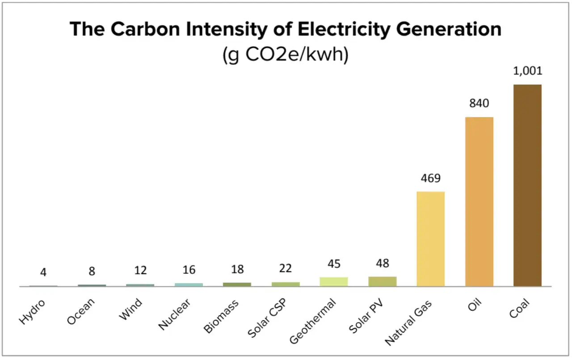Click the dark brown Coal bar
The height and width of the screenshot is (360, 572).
[x=527, y=185]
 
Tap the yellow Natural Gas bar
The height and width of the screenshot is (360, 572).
[x=430, y=239]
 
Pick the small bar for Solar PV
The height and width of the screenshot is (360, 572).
[x=382, y=281]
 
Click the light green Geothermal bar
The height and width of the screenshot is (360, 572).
[x=334, y=281]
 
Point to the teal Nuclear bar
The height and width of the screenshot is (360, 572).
[x=189, y=285]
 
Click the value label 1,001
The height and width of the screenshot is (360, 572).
[x=527, y=71]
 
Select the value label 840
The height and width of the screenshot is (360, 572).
[x=479, y=103]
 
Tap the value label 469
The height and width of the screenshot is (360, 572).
[x=430, y=178]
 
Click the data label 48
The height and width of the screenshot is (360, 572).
[x=382, y=263]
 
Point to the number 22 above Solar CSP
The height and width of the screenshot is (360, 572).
[x=285, y=268]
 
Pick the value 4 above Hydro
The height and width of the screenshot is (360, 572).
[x=43, y=272]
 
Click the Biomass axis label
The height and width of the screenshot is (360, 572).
[x=221, y=316]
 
